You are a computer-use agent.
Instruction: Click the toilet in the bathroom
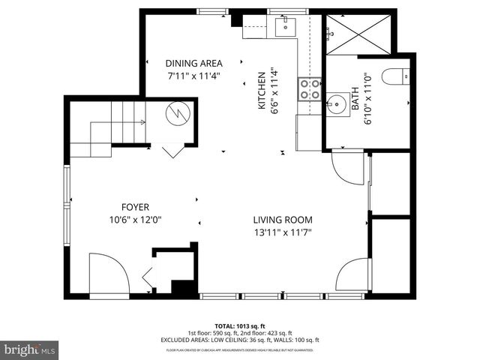394,76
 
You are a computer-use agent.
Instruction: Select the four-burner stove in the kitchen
310,90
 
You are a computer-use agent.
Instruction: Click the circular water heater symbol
178,115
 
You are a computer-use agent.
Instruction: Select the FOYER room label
136,207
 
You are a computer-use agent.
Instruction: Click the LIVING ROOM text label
282,220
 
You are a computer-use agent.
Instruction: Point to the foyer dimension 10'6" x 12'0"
136,220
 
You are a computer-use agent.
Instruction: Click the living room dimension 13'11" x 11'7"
282,232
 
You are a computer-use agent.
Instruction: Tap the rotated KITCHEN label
262,91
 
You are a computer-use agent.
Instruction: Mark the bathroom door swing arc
347,166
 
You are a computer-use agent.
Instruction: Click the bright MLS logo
29,349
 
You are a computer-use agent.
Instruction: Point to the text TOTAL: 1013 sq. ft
239,326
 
